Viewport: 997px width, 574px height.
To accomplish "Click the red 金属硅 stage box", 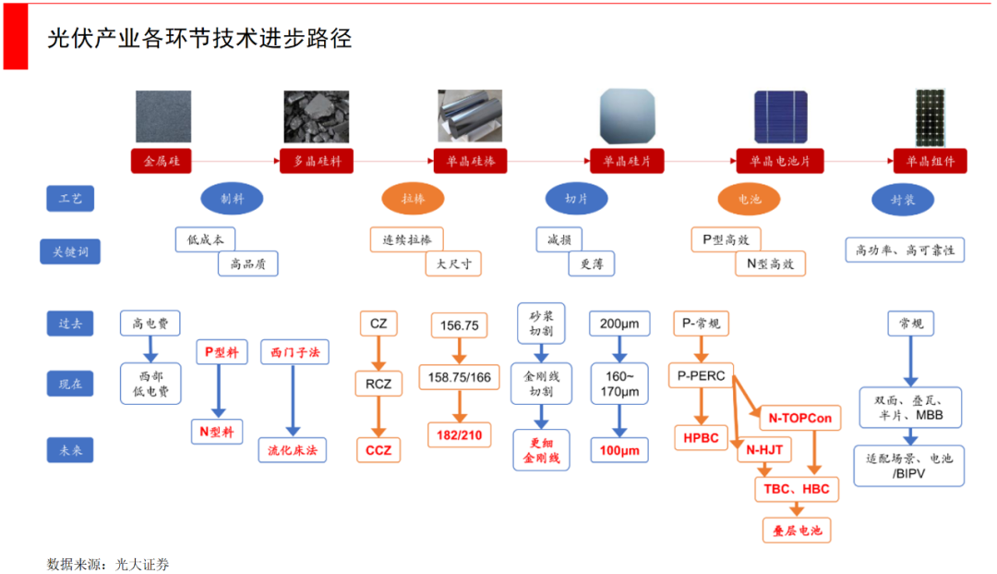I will (x=161, y=161).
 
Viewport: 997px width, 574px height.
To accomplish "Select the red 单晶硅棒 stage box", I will (x=471, y=161).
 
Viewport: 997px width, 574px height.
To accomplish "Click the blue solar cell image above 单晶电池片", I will (x=782, y=117).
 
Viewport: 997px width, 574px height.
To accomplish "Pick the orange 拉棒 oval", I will (x=413, y=199).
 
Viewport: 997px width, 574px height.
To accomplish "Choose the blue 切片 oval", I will (x=576, y=199).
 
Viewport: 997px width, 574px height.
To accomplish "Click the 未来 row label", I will (x=70, y=450).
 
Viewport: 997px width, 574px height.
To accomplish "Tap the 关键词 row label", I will (x=70, y=250).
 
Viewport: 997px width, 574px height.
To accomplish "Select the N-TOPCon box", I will (x=799, y=418).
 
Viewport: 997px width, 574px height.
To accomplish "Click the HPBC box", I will (x=702, y=437).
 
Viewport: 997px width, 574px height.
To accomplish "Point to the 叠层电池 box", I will (x=797, y=531).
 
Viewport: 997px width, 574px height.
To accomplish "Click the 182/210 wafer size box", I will (x=459, y=435).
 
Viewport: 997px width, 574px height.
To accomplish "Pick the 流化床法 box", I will (x=293, y=450).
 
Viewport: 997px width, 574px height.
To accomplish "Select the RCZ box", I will (x=378, y=384).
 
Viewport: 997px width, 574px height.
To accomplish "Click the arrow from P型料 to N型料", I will (x=220, y=391).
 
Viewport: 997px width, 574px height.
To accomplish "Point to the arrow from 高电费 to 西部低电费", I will (x=150, y=349).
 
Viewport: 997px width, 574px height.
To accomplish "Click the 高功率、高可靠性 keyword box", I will (x=905, y=250).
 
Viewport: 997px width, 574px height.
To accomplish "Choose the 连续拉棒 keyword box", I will (x=406, y=239).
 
